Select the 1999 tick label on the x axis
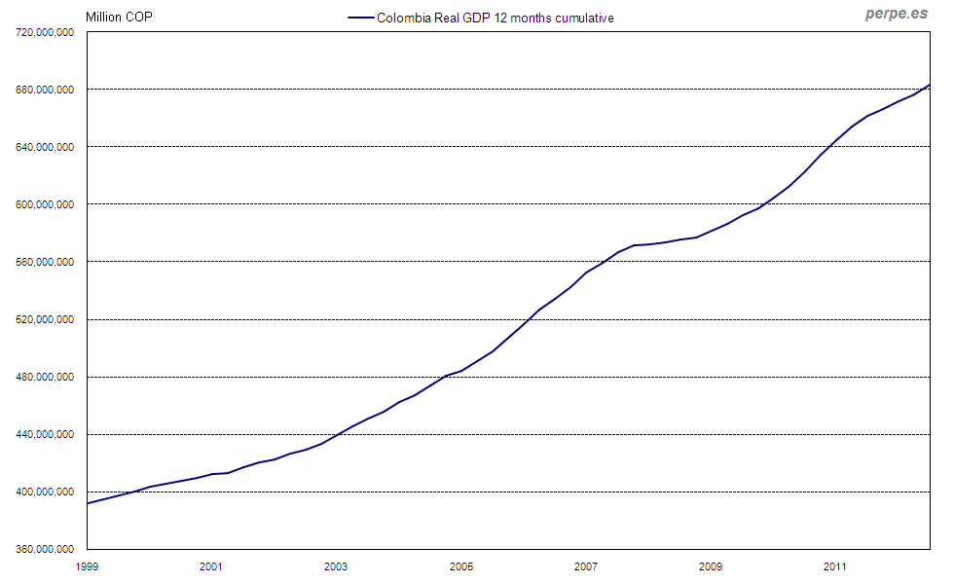point(87,566)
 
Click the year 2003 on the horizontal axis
point(336,566)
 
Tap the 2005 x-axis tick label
point(460,566)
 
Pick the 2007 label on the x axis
point(585,566)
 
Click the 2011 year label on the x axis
point(834,566)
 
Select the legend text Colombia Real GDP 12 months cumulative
point(495,18)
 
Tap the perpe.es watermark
point(897,14)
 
